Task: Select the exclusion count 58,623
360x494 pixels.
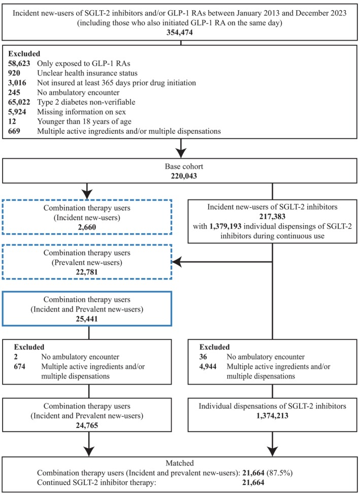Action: point(19,64)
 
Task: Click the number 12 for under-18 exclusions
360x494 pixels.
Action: point(12,122)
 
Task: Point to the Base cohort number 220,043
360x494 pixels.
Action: point(180,176)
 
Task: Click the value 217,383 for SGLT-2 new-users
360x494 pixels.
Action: point(272,216)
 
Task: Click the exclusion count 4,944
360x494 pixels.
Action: point(208,367)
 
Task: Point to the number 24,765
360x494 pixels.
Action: point(87,425)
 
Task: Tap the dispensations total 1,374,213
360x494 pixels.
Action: point(272,416)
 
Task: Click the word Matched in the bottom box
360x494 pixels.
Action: point(180,463)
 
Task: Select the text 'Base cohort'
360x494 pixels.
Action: point(180,167)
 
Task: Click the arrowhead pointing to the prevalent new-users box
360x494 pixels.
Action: point(178,262)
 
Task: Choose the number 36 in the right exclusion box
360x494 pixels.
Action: point(204,357)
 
